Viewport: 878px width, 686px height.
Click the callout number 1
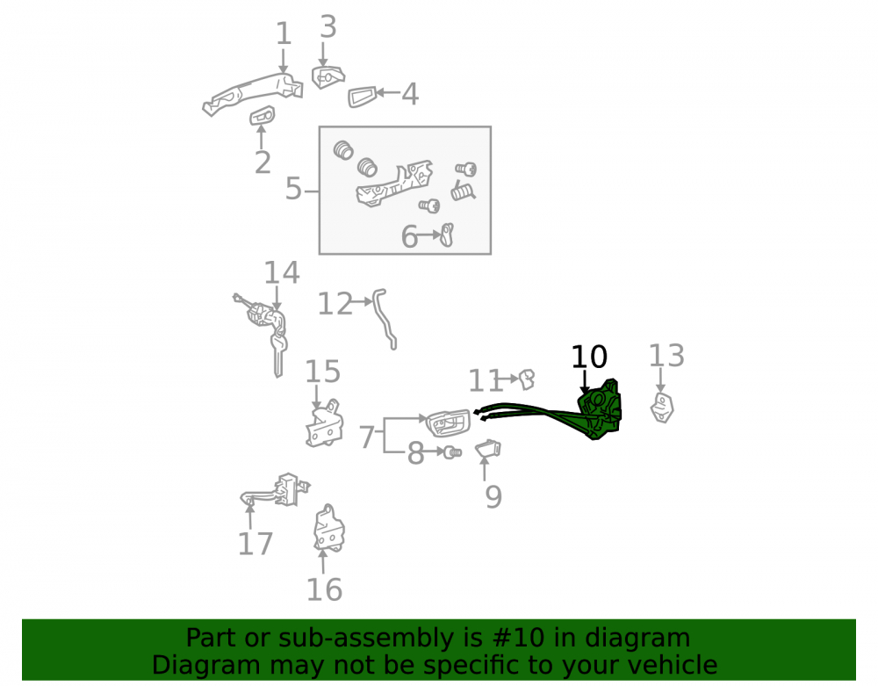284,33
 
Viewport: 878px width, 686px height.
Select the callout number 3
328,27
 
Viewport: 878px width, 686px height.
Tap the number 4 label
410,94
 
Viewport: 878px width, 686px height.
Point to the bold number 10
589,357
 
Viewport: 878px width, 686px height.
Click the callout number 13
666,356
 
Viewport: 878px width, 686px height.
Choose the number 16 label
324,589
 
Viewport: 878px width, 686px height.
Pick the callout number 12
335,304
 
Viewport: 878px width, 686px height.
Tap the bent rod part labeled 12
385,319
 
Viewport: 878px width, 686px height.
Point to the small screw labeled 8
452,452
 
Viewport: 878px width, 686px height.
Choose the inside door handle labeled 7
448,422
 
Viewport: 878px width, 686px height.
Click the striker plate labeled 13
662,408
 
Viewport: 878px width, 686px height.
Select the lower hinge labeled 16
329,529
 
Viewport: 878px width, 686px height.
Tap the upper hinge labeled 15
325,423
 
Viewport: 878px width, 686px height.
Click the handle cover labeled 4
362,97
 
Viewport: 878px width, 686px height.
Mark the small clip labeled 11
527,379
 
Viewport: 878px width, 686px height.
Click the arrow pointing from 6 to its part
430,235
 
